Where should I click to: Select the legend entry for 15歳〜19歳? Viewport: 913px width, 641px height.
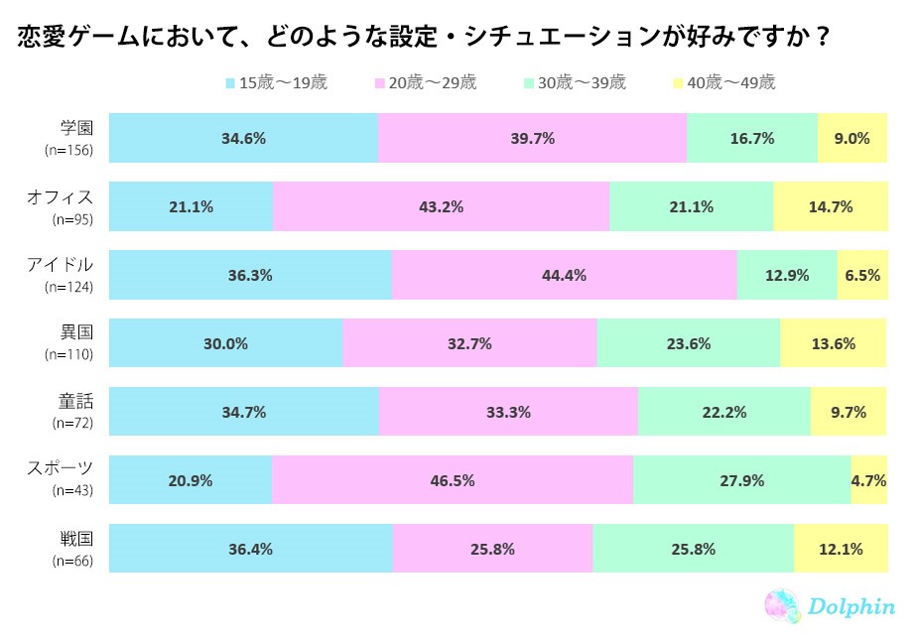tap(277, 83)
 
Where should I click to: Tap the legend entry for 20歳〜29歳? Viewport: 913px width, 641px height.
tap(427, 83)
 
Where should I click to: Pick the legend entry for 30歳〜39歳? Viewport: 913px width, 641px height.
tap(576, 83)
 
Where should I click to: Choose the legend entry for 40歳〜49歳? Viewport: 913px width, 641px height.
tap(724, 83)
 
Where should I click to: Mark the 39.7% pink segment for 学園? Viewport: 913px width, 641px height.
tap(532, 139)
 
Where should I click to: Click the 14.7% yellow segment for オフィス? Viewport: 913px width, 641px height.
tap(830, 207)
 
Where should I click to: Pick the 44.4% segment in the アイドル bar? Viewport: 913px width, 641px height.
tap(564, 276)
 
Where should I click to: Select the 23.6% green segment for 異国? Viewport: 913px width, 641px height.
tap(688, 344)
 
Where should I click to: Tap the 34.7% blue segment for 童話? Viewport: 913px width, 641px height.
tap(244, 413)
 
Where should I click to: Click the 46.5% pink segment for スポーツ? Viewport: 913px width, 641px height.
tap(452, 481)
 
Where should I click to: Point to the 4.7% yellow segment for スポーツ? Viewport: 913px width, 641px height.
tap(868, 481)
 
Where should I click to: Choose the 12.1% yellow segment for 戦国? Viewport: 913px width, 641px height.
tap(840, 549)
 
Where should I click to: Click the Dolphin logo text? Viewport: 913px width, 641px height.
tap(851, 607)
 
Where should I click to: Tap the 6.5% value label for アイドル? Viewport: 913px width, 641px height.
tap(861, 276)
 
